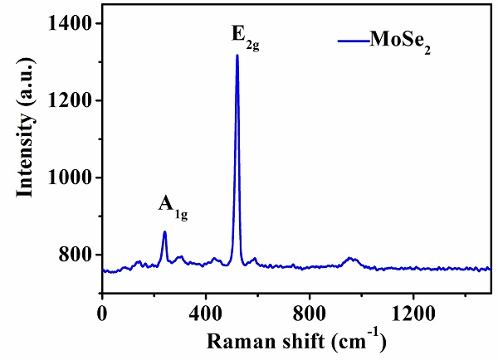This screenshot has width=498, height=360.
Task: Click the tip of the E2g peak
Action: click(237, 56)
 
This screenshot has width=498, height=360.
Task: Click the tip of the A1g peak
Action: click(164, 231)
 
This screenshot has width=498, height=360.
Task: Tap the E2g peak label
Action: click(246, 36)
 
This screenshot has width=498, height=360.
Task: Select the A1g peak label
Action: click(173, 205)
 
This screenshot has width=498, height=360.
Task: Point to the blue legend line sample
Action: click(353, 39)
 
